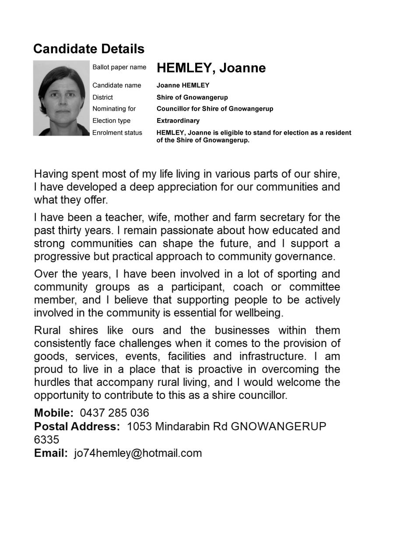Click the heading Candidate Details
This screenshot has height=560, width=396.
[89, 49]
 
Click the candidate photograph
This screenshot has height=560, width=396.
[61, 98]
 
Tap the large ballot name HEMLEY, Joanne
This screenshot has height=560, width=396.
[211, 68]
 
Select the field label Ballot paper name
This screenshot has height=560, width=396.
[119, 67]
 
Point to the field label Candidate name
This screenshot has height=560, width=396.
[116, 85]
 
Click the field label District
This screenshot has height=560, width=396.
[102, 97]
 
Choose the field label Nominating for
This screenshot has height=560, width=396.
[114, 108]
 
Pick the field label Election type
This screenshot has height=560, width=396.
[111, 121]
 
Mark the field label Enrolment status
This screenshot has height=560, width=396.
[117, 133]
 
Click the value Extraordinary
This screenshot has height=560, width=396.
[178, 121]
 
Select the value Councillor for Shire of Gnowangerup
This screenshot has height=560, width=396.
[214, 108]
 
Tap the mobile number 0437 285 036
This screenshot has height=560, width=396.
[114, 413]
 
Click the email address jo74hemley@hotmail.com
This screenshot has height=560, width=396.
[138, 453]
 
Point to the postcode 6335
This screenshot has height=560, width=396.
[46, 440]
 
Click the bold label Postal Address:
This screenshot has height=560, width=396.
[77, 427]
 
